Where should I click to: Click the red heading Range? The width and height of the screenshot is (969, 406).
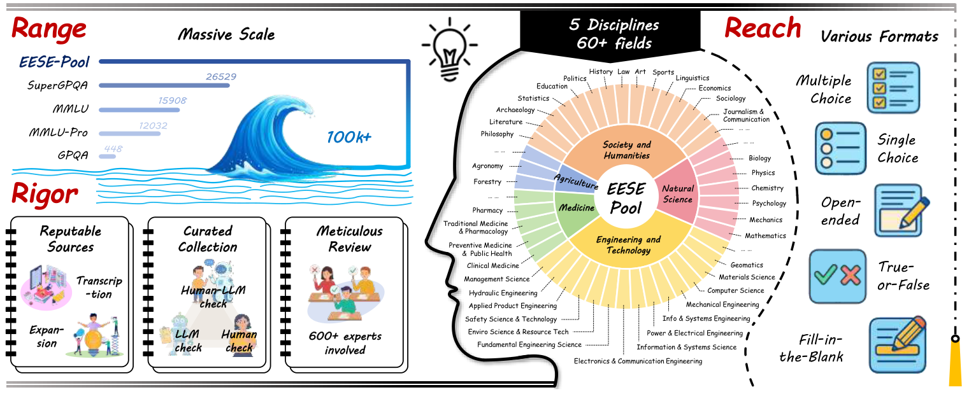click(48, 29)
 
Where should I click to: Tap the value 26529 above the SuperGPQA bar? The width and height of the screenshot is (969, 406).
click(220, 76)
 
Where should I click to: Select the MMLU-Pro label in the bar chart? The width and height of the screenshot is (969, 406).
click(58, 132)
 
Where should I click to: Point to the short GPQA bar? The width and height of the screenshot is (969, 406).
click(107, 156)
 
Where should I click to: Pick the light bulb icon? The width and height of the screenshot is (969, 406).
click(446, 46)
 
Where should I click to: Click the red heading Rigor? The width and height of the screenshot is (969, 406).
click(45, 195)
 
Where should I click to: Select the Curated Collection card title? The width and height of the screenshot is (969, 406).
click(208, 239)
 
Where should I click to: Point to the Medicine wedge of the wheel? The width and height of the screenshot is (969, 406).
click(577, 208)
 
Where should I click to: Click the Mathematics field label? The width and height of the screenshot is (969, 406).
click(765, 235)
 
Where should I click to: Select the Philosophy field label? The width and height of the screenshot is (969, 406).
click(497, 134)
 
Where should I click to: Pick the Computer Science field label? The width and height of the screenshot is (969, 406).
click(735, 291)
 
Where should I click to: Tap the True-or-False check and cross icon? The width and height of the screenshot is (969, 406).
click(837, 276)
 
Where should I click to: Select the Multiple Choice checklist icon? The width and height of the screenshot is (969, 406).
click(893, 88)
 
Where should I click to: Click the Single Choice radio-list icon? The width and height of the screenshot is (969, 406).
click(841, 148)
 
